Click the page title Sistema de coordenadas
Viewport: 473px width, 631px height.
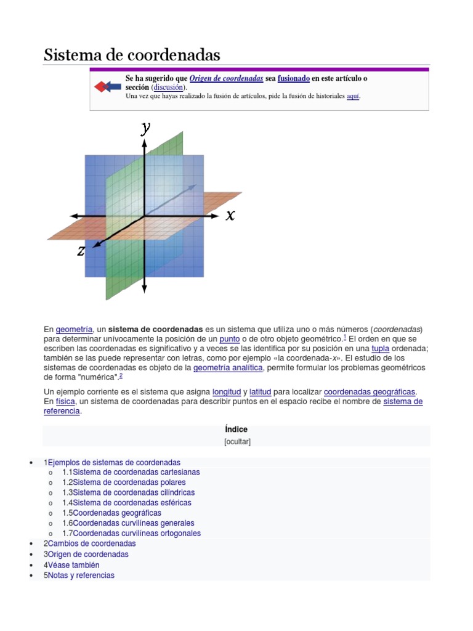tap(132, 55)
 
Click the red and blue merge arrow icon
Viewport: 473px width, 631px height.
tap(107, 87)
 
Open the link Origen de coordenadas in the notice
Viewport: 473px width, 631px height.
tap(226, 79)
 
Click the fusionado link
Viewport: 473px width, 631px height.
tap(293, 79)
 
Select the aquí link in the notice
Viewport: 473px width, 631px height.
tap(353, 97)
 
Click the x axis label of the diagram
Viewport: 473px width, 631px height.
tap(230, 215)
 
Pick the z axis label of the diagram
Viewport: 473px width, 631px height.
tap(81, 251)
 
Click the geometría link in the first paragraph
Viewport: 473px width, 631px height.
tap(74, 329)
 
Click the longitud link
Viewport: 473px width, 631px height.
tap(226, 392)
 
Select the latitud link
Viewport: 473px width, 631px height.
tap(260, 392)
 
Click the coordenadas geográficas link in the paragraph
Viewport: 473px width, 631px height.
tap(370, 392)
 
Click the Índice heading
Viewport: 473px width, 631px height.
tap(236, 429)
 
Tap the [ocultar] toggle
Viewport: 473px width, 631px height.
tap(236, 442)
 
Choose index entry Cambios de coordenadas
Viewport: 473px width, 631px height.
tap(92, 544)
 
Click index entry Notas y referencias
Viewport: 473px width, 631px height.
tap(81, 576)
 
